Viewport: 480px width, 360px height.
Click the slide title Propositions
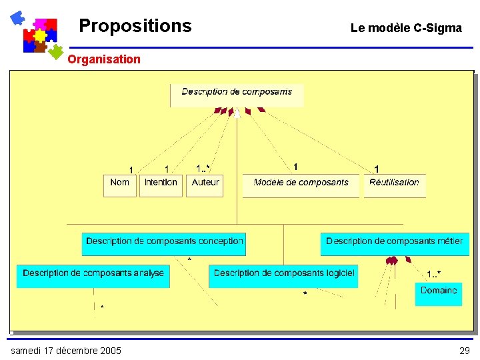[x=135, y=26]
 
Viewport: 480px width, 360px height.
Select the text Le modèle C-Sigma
[x=406, y=28]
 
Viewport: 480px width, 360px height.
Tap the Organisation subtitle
[x=104, y=59]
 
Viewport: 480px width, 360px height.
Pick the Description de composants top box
[x=237, y=94]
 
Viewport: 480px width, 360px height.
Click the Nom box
[x=120, y=185]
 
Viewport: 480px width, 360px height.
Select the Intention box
[x=161, y=185]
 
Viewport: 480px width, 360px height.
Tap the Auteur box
[x=205, y=185]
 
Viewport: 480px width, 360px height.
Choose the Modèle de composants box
[x=301, y=185]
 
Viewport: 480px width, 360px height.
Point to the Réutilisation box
[x=394, y=185]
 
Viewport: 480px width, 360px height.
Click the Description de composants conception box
[x=164, y=243]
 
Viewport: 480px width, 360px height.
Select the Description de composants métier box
[x=394, y=243]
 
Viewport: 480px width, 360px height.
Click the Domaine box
[x=439, y=294]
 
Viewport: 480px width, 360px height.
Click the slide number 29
[x=464, y=351]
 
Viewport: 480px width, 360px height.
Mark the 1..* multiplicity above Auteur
[x=203, y=168]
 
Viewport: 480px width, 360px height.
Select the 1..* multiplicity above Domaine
[x=433, y=274]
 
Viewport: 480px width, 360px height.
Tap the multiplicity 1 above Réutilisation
[x=377, y=169]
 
